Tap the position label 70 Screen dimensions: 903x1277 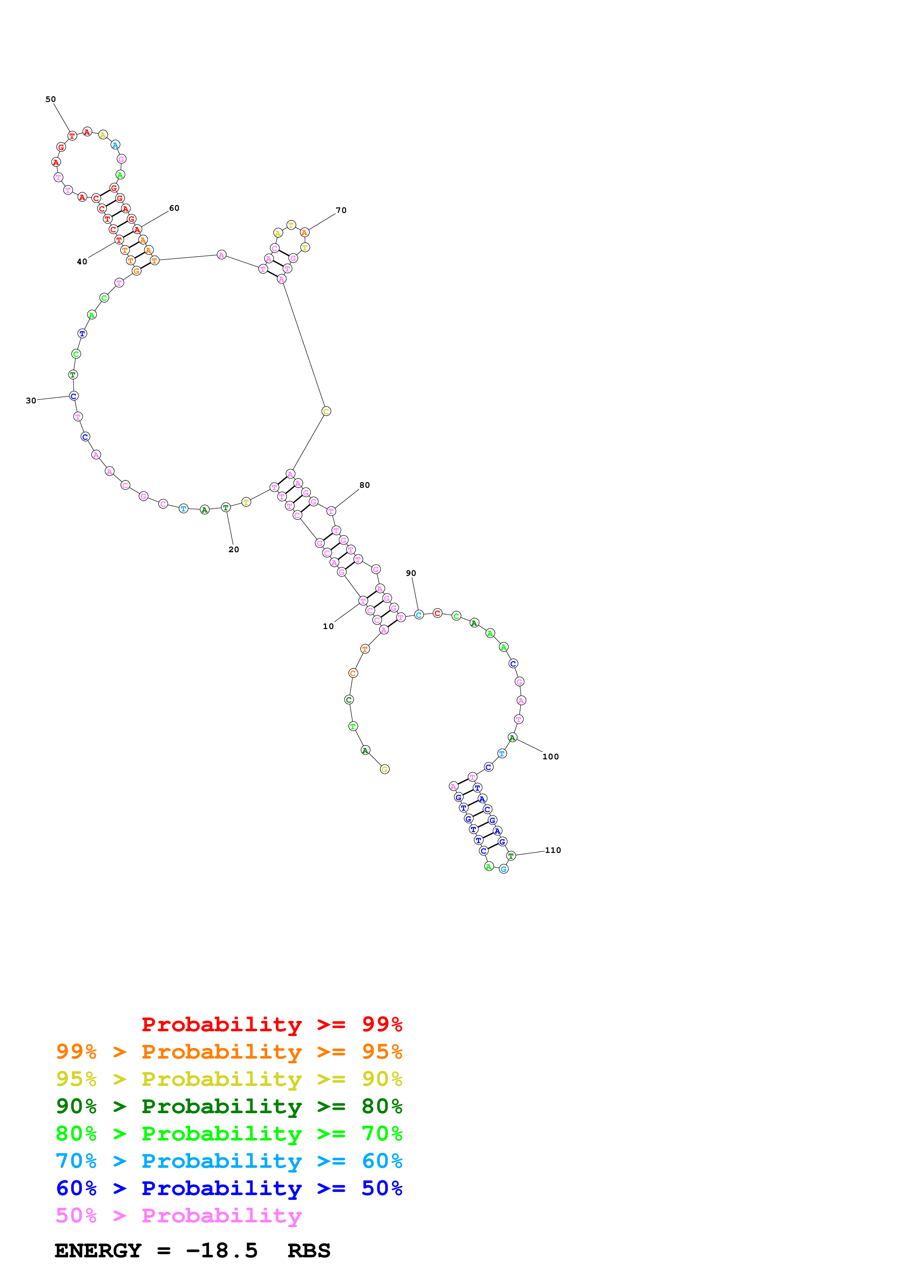[341, 210]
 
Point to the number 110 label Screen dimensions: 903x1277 [553, 850]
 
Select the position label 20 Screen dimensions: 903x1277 [234, 550]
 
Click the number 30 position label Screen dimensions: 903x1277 [31, 400]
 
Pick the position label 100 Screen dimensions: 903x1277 [550, 756]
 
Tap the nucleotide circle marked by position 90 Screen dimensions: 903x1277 [419, 614]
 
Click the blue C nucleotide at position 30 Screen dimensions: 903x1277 [74, 396]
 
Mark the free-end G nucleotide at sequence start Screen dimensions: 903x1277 [384, 769]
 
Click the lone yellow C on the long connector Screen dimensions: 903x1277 [326, 412]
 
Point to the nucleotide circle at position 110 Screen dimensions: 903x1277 [511, 855]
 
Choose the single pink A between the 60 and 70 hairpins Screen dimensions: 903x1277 [221, 255]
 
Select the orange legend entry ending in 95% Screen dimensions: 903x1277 [229, 1052]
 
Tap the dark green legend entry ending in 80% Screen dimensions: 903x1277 [229, 1106]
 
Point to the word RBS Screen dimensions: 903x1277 [309, 1251]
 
